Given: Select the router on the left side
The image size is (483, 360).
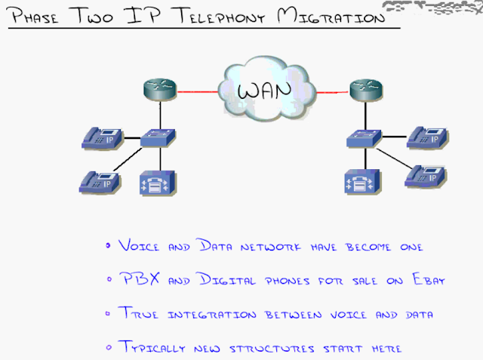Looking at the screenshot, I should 159,91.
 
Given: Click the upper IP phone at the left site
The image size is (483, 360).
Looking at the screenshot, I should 100,138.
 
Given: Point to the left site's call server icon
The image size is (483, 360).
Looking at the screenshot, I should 157,183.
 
